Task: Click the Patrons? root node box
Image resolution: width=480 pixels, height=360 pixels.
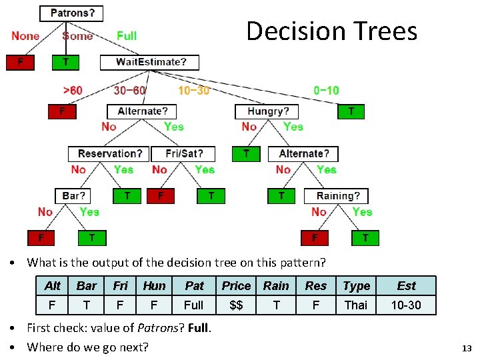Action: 72,13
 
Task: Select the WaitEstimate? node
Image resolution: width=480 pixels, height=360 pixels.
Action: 150,62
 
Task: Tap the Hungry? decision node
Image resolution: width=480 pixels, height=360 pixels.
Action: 268,111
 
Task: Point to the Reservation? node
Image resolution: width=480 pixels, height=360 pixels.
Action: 109,153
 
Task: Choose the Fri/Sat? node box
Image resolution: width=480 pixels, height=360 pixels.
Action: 183,153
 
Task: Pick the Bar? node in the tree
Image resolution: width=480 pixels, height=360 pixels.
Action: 73,196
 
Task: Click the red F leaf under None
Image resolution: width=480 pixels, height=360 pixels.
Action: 20,62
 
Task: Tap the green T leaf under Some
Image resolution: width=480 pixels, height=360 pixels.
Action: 65,62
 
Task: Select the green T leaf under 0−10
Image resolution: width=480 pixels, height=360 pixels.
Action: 351,111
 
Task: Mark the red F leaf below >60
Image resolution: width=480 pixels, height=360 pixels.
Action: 62,111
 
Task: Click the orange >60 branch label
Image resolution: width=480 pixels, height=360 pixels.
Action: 73,90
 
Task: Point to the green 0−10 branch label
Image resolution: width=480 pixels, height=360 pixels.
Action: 326,90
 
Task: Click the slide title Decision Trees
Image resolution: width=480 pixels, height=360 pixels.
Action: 331,31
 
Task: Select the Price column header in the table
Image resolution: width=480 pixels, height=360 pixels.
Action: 236,285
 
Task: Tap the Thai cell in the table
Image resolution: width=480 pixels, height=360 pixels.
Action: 355,305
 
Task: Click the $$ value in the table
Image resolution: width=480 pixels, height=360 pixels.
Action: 236,305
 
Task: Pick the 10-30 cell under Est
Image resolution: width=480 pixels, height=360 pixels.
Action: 406,305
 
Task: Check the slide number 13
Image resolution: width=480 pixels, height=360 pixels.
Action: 466,348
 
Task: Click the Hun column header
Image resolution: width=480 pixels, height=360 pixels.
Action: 154,285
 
